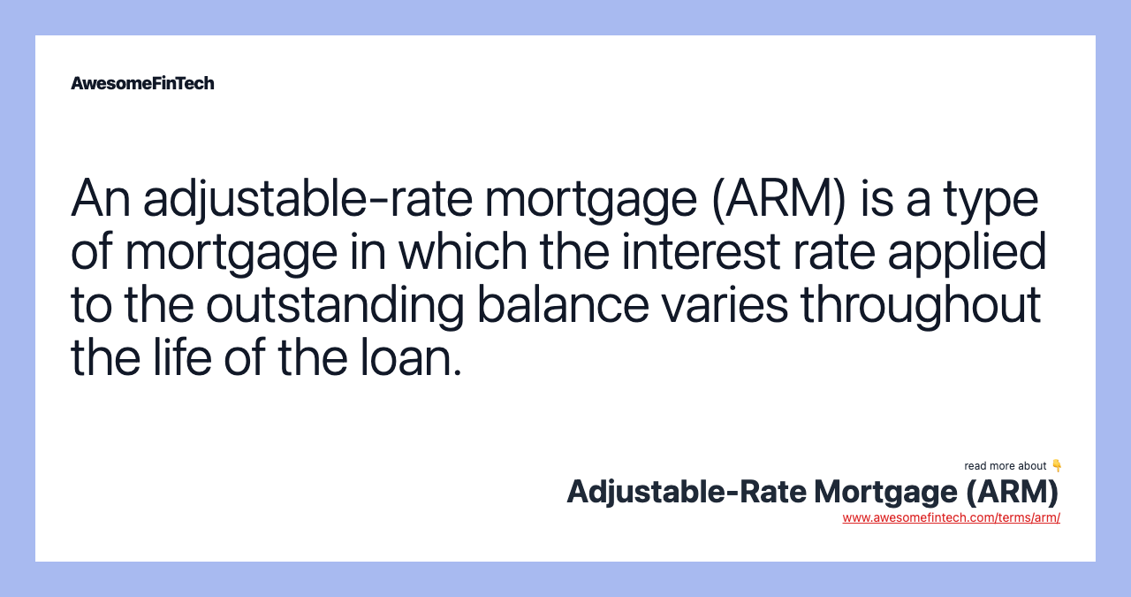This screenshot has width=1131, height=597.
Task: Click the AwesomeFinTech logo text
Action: pos(142,83)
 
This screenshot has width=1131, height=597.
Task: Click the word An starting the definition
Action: pos(100,198)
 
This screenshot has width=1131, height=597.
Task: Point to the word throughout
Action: pos(921,306)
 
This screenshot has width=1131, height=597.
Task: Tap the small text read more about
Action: pos(1006,466)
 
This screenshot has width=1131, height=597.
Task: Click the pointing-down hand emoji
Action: pos(1057,466)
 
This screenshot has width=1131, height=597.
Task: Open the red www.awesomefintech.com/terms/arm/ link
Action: pos(951,518)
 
